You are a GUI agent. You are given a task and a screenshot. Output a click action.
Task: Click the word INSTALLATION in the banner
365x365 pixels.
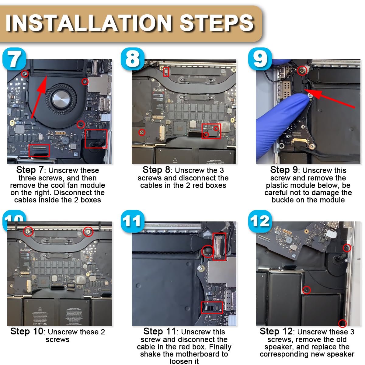pyautogui.click(x=89, y=23)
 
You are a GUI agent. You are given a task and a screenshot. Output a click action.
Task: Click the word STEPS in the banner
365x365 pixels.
pyautogui.click(x=217, y=23)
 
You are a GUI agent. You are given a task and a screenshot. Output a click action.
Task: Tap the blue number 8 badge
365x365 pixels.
pyautogui.click(x=132, y=59)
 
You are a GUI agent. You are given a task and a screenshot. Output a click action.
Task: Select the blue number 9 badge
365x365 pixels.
pyautogui.click(x=260, y=59)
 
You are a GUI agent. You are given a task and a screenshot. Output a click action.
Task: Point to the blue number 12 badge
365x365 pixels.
pyautogui.click(x=260, y=221)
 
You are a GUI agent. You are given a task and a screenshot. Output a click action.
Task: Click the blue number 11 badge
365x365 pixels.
pyautogui.click(x=132, y=221)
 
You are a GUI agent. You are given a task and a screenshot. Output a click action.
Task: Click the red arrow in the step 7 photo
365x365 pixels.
pyautogui.click(x=39, y=97)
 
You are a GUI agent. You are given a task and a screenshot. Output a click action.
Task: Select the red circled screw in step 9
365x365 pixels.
pyautogui.click(x=302, y=71)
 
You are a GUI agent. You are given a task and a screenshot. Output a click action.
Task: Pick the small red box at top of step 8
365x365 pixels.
pyautogui.click(x=166, y=72)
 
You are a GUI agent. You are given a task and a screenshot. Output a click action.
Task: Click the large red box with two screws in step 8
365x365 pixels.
pyautogui.click(x=211, y=131)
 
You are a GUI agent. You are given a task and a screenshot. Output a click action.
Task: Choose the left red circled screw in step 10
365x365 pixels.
pyautogui.click(x=28, y=231)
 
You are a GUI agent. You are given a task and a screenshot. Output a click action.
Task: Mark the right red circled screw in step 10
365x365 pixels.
pyautogui.click(x=88, y=231)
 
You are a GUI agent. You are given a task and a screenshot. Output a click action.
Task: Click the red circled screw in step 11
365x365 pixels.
pyautogui.click(x=208, y=251)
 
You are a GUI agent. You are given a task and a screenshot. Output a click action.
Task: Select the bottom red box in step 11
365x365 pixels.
pyautogui.click(x=212, y=308)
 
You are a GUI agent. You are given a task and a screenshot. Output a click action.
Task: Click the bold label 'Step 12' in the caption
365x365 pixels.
pyautogui.click(x=276, y=332)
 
